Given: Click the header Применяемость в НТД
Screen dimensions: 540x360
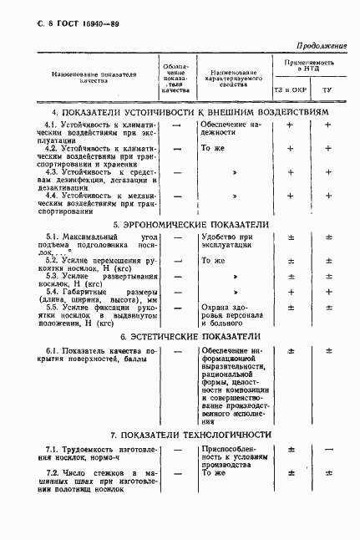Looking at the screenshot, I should pyautogui.click(x=309, y=68).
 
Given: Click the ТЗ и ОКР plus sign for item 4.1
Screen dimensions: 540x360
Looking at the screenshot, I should pyautogui.click(x=291, y=125).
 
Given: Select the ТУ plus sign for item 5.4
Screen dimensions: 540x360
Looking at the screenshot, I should pyautogui.click(x=328, y=292).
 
